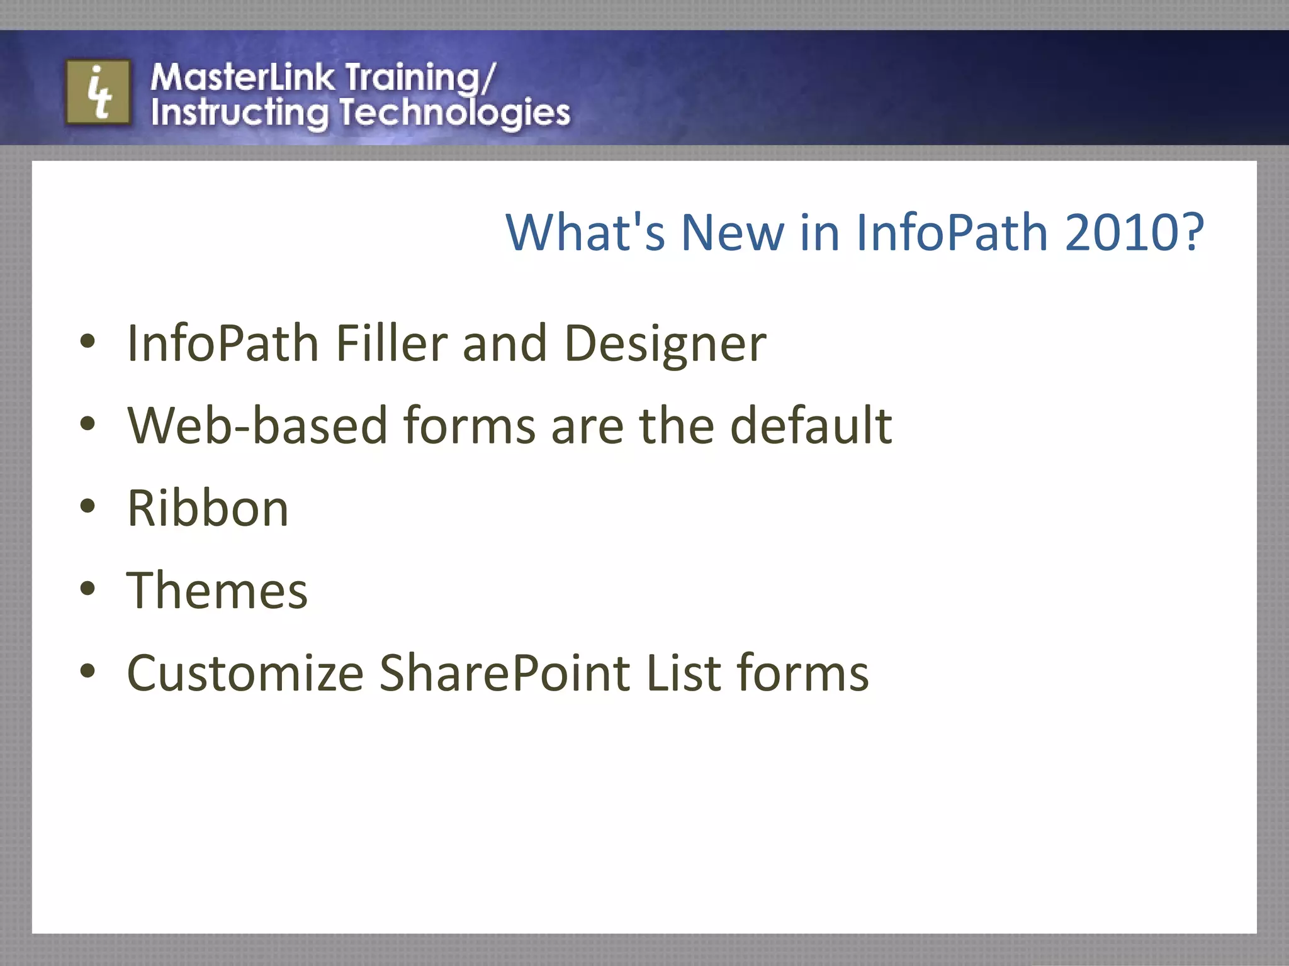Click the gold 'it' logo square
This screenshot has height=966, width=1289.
98,92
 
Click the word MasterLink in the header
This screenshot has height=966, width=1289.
243,77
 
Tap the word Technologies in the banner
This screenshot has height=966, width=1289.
455,114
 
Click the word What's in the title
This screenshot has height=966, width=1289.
585,233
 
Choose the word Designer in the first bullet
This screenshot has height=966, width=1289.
665,345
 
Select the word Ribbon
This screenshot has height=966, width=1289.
208,508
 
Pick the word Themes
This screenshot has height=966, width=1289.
217,591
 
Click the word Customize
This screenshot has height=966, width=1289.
245,673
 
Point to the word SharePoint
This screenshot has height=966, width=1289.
505,673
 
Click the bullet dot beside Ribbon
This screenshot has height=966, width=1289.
87,506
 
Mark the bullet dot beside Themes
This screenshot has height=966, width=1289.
87,589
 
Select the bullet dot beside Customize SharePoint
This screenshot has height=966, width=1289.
87,671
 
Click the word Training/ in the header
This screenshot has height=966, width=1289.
420,79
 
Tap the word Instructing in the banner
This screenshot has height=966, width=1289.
239,114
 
